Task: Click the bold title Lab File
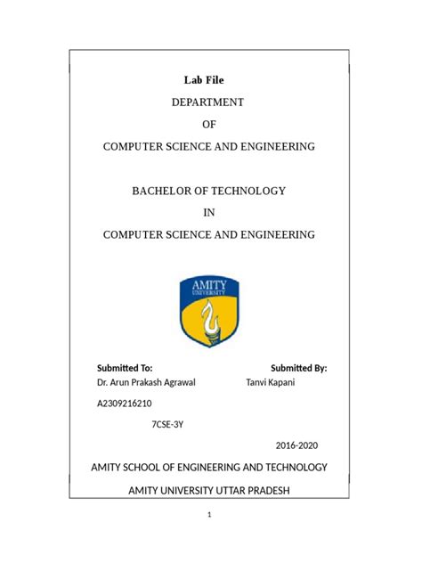pos(209,81)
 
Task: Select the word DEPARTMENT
pos(209,102)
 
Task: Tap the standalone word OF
pos(210,124)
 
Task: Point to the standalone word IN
pos(210,213)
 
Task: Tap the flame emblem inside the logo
pos(211,319)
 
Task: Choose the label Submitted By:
pos(299,367)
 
